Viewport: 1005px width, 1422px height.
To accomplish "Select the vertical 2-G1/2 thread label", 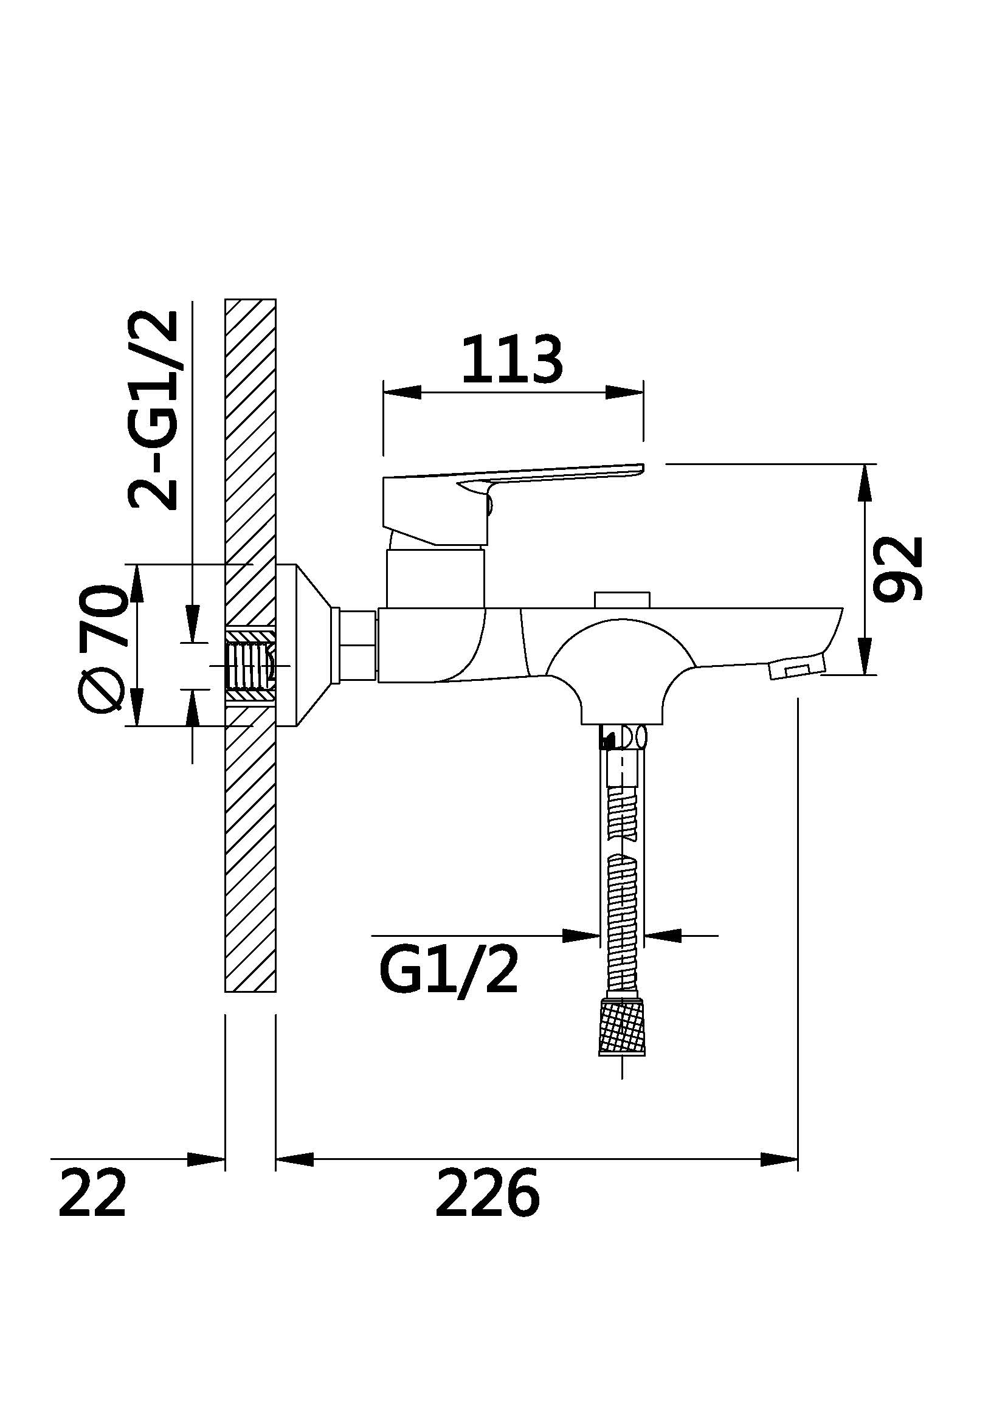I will [x=153, y=410].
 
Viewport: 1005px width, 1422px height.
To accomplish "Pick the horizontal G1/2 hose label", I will [x=447, y=971].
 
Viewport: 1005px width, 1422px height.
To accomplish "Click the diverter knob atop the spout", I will [x=623, y=600].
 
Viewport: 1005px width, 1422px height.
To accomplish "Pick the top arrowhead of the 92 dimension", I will [x=865, y=483].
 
